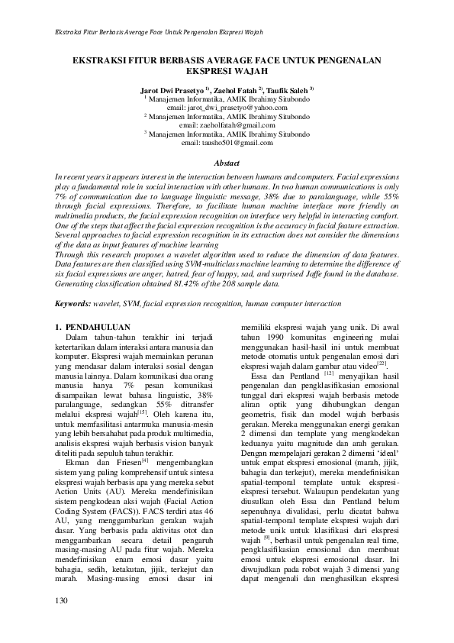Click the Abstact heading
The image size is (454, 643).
coord(227,163)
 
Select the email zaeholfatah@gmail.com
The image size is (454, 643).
coord(227,124)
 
